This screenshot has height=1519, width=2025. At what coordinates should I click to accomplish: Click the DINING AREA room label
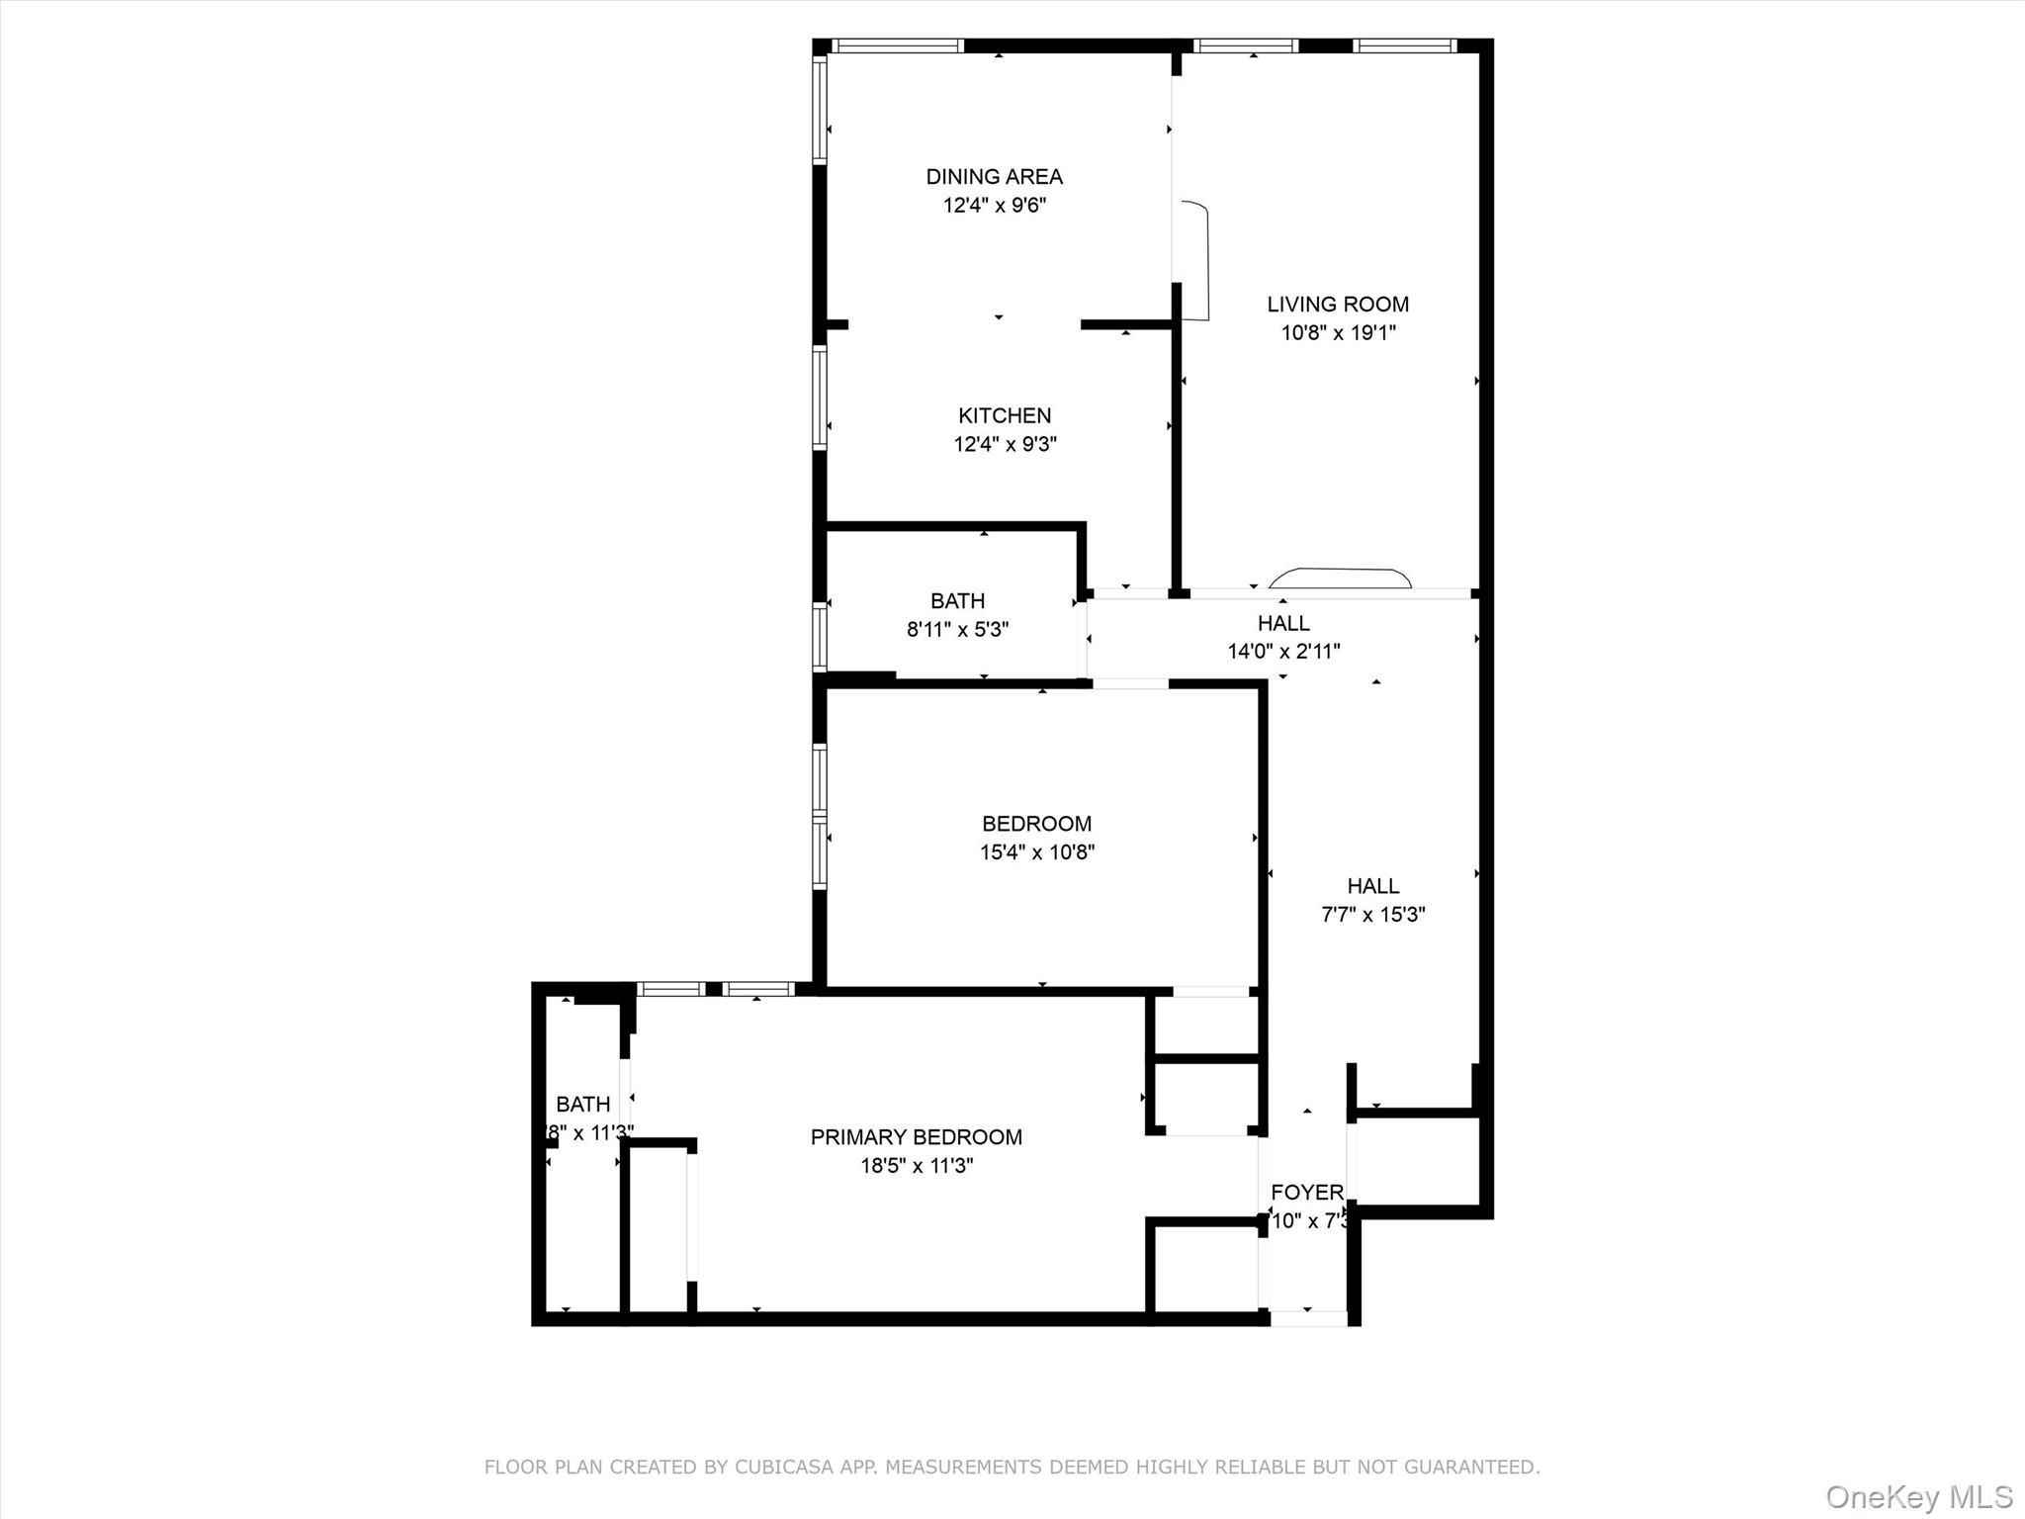click(994, 177)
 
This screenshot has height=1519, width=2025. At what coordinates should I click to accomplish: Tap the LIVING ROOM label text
click(1338, 305)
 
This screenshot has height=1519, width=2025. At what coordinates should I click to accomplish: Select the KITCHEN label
click(1005, 416)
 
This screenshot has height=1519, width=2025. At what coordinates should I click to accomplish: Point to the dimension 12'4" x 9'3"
click(1005, 445)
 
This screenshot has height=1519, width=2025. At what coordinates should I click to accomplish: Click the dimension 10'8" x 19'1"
click(1338, 333)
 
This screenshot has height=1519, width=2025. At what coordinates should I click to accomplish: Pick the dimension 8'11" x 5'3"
click(957, 630)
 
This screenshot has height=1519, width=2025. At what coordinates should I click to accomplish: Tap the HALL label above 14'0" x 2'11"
click(1283, 623)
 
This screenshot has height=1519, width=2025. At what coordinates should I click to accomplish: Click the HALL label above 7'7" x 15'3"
click(1372, 886)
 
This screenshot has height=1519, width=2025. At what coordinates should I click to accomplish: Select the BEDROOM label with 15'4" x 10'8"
click(1036, 824)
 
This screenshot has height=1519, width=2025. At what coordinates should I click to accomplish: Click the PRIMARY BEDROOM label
click(916, 1137)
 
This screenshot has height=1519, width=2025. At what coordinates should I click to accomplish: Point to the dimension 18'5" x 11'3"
click(916, 1166)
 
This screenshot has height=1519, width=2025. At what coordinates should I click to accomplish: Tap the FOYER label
click(1306, 1193)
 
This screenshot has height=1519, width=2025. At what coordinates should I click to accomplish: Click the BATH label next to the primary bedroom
click(582, 1105)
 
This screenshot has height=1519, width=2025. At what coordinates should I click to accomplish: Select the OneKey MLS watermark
click(1918, 1496)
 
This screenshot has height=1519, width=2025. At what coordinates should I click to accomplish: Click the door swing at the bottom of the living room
click(1340, 578)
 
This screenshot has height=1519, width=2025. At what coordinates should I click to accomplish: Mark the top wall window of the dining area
click(897, 45)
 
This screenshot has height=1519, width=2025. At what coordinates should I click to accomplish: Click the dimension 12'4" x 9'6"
click(994, 206)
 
